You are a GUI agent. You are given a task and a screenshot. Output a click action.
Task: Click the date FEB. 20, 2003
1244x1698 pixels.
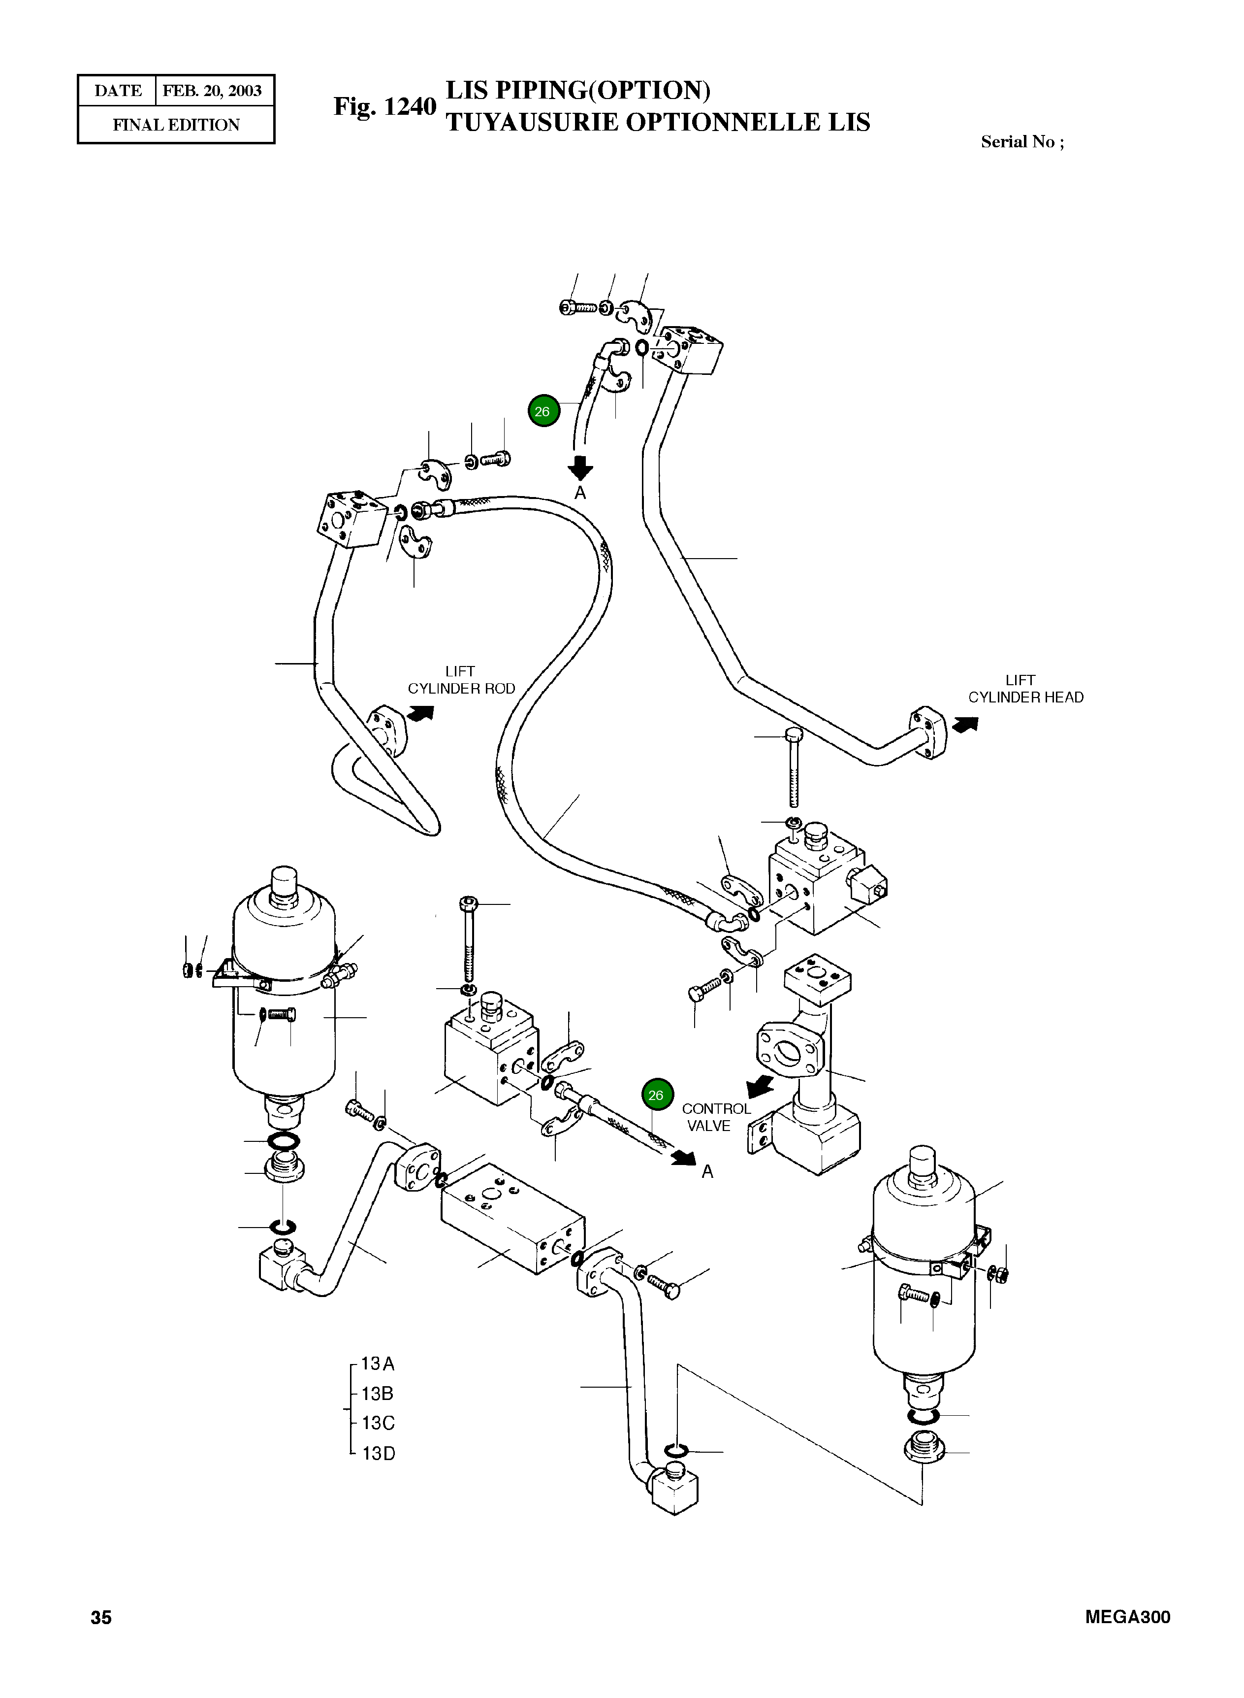point(212,91)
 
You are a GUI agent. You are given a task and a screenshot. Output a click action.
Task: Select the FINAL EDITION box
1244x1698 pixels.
point(176,125)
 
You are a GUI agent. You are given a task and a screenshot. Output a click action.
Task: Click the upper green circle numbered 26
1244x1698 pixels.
point(543,411)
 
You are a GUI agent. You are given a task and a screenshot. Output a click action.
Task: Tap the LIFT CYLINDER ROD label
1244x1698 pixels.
point(461,680)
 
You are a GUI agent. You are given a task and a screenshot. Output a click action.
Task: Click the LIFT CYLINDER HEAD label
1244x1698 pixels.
point(1025,689)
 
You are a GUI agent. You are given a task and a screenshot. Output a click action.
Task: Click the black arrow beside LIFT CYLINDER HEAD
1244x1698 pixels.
point(965,724)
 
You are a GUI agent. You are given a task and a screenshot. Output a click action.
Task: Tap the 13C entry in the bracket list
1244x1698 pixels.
point(378,1423)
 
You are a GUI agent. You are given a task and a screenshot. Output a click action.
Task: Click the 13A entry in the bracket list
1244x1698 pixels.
point(378,1364)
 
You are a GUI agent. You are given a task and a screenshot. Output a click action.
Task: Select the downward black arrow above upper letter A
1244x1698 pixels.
point(580,468)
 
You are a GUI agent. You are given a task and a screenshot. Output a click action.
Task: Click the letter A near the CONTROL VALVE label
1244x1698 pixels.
point(707,1171)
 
